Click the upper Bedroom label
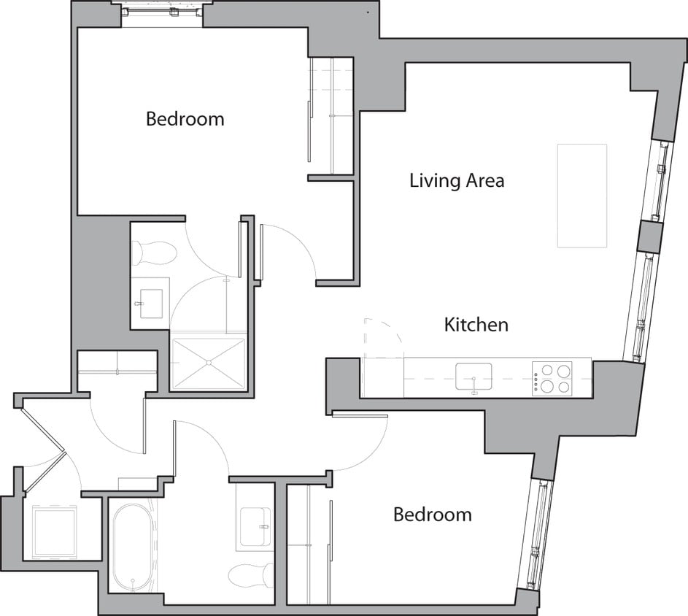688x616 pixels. pyautogui.click(x=185, y=119)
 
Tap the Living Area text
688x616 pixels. pyautogui.click(x=457, y=180)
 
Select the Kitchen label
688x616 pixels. pyautogui.click(x=476, y=325)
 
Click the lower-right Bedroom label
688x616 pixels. pyautogui.click(x=432, y=515)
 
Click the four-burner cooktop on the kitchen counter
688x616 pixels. pyautogui.click(x=552, y=378)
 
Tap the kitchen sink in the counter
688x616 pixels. pyautogui.click(x=474, y=377)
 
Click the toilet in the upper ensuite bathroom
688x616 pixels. pyautogui.click(x=155, y=253)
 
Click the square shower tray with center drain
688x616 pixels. pyautogui.click(x=209, y=363)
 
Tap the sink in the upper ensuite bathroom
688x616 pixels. pyautogui.click(x=151, y=303)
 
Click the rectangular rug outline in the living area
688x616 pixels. pyautogui.click(x=581, y=195)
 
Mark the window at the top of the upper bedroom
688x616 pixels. pyautogui.click(x=161, y=12)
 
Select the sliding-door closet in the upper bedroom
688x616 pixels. pyautogui.click(x=331, y=117)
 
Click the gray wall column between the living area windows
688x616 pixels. pyautogui.click(x=648, y=236)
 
